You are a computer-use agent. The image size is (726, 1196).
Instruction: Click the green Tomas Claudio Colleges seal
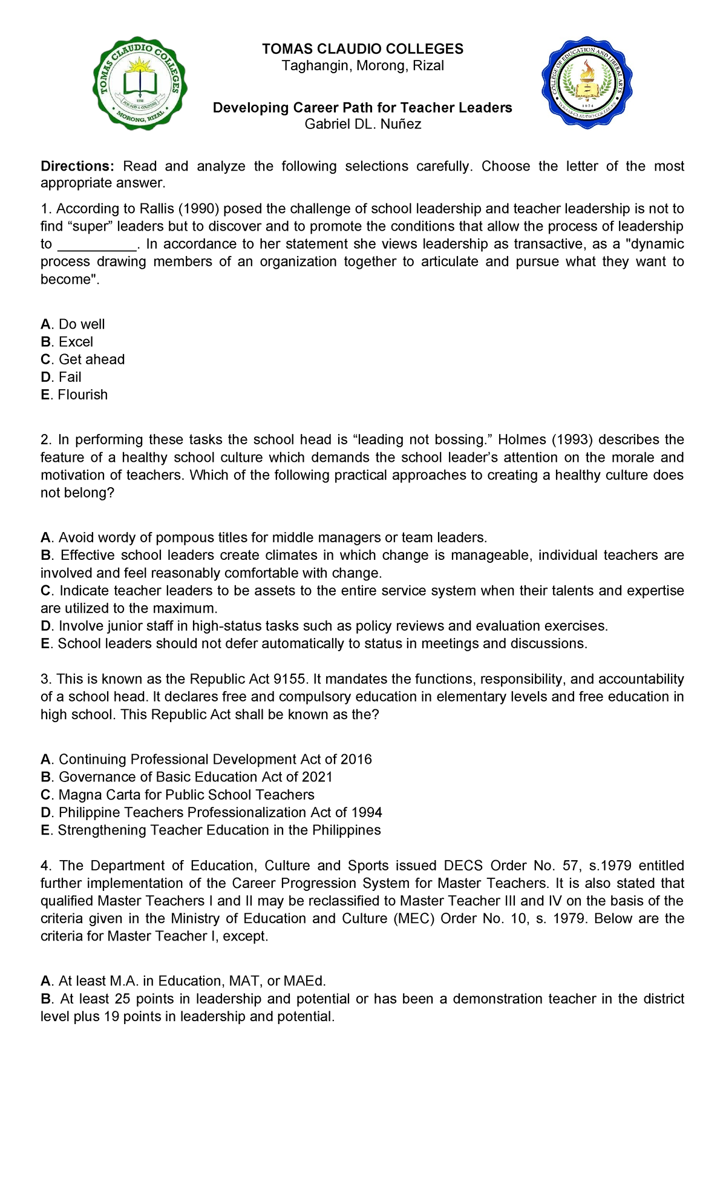tap(140, 84)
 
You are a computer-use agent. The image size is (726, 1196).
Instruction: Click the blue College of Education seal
tap(586, 82)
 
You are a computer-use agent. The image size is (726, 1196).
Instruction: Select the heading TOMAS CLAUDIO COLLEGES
tap(362, 49)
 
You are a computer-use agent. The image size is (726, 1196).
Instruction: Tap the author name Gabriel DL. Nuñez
tap(362, 125)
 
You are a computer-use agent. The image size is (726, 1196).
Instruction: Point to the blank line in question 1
tap(97, 245)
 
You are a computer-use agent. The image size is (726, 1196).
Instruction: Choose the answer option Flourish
tap(82, 395)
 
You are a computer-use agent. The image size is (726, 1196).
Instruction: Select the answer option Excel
tap(76, 343)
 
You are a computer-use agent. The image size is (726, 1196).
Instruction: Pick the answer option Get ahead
tap(91, 360)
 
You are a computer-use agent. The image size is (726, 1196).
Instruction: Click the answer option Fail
tap(70, 378)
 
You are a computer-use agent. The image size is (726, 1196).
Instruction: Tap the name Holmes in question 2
tap(522, 440)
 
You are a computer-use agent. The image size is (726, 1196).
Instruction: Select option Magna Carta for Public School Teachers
tap(186, 795)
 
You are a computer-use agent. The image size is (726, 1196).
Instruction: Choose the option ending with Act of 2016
tap(215, 760)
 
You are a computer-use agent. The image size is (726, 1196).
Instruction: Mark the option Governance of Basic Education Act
tap(195, 777)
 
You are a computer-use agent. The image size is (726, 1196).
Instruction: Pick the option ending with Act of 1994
tap(220, 812)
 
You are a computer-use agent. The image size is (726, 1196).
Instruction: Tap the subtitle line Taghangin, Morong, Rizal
tap(362, 66)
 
